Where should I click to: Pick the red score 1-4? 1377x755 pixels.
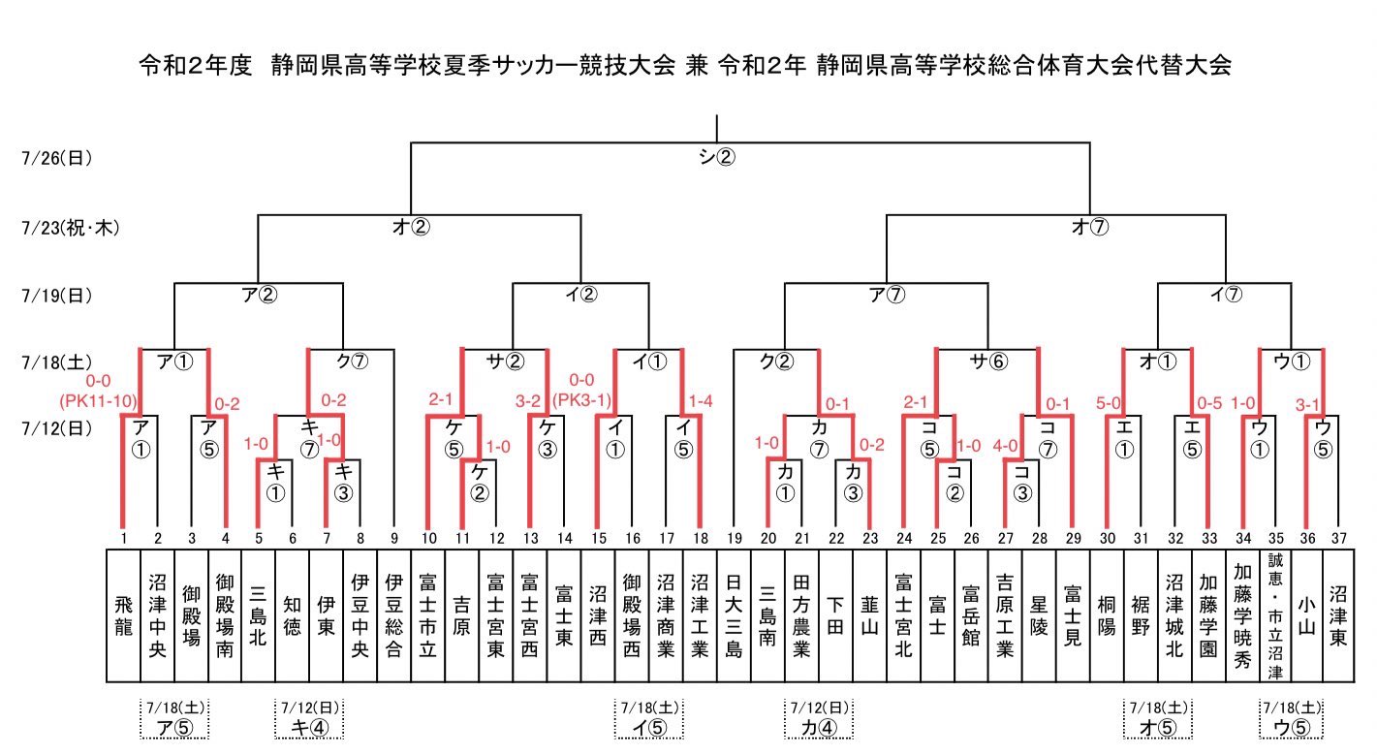[x=701, y=400]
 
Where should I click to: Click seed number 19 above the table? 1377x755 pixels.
[x=734, y=539]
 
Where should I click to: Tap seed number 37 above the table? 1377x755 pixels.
[x=1337, y=539]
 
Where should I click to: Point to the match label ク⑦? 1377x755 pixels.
[x=351, y=362]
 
